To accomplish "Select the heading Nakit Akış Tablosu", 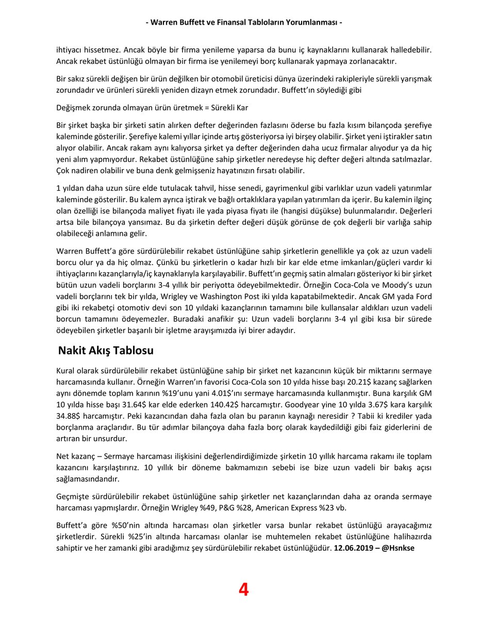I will pyautogui.click(x=106, y=351).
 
